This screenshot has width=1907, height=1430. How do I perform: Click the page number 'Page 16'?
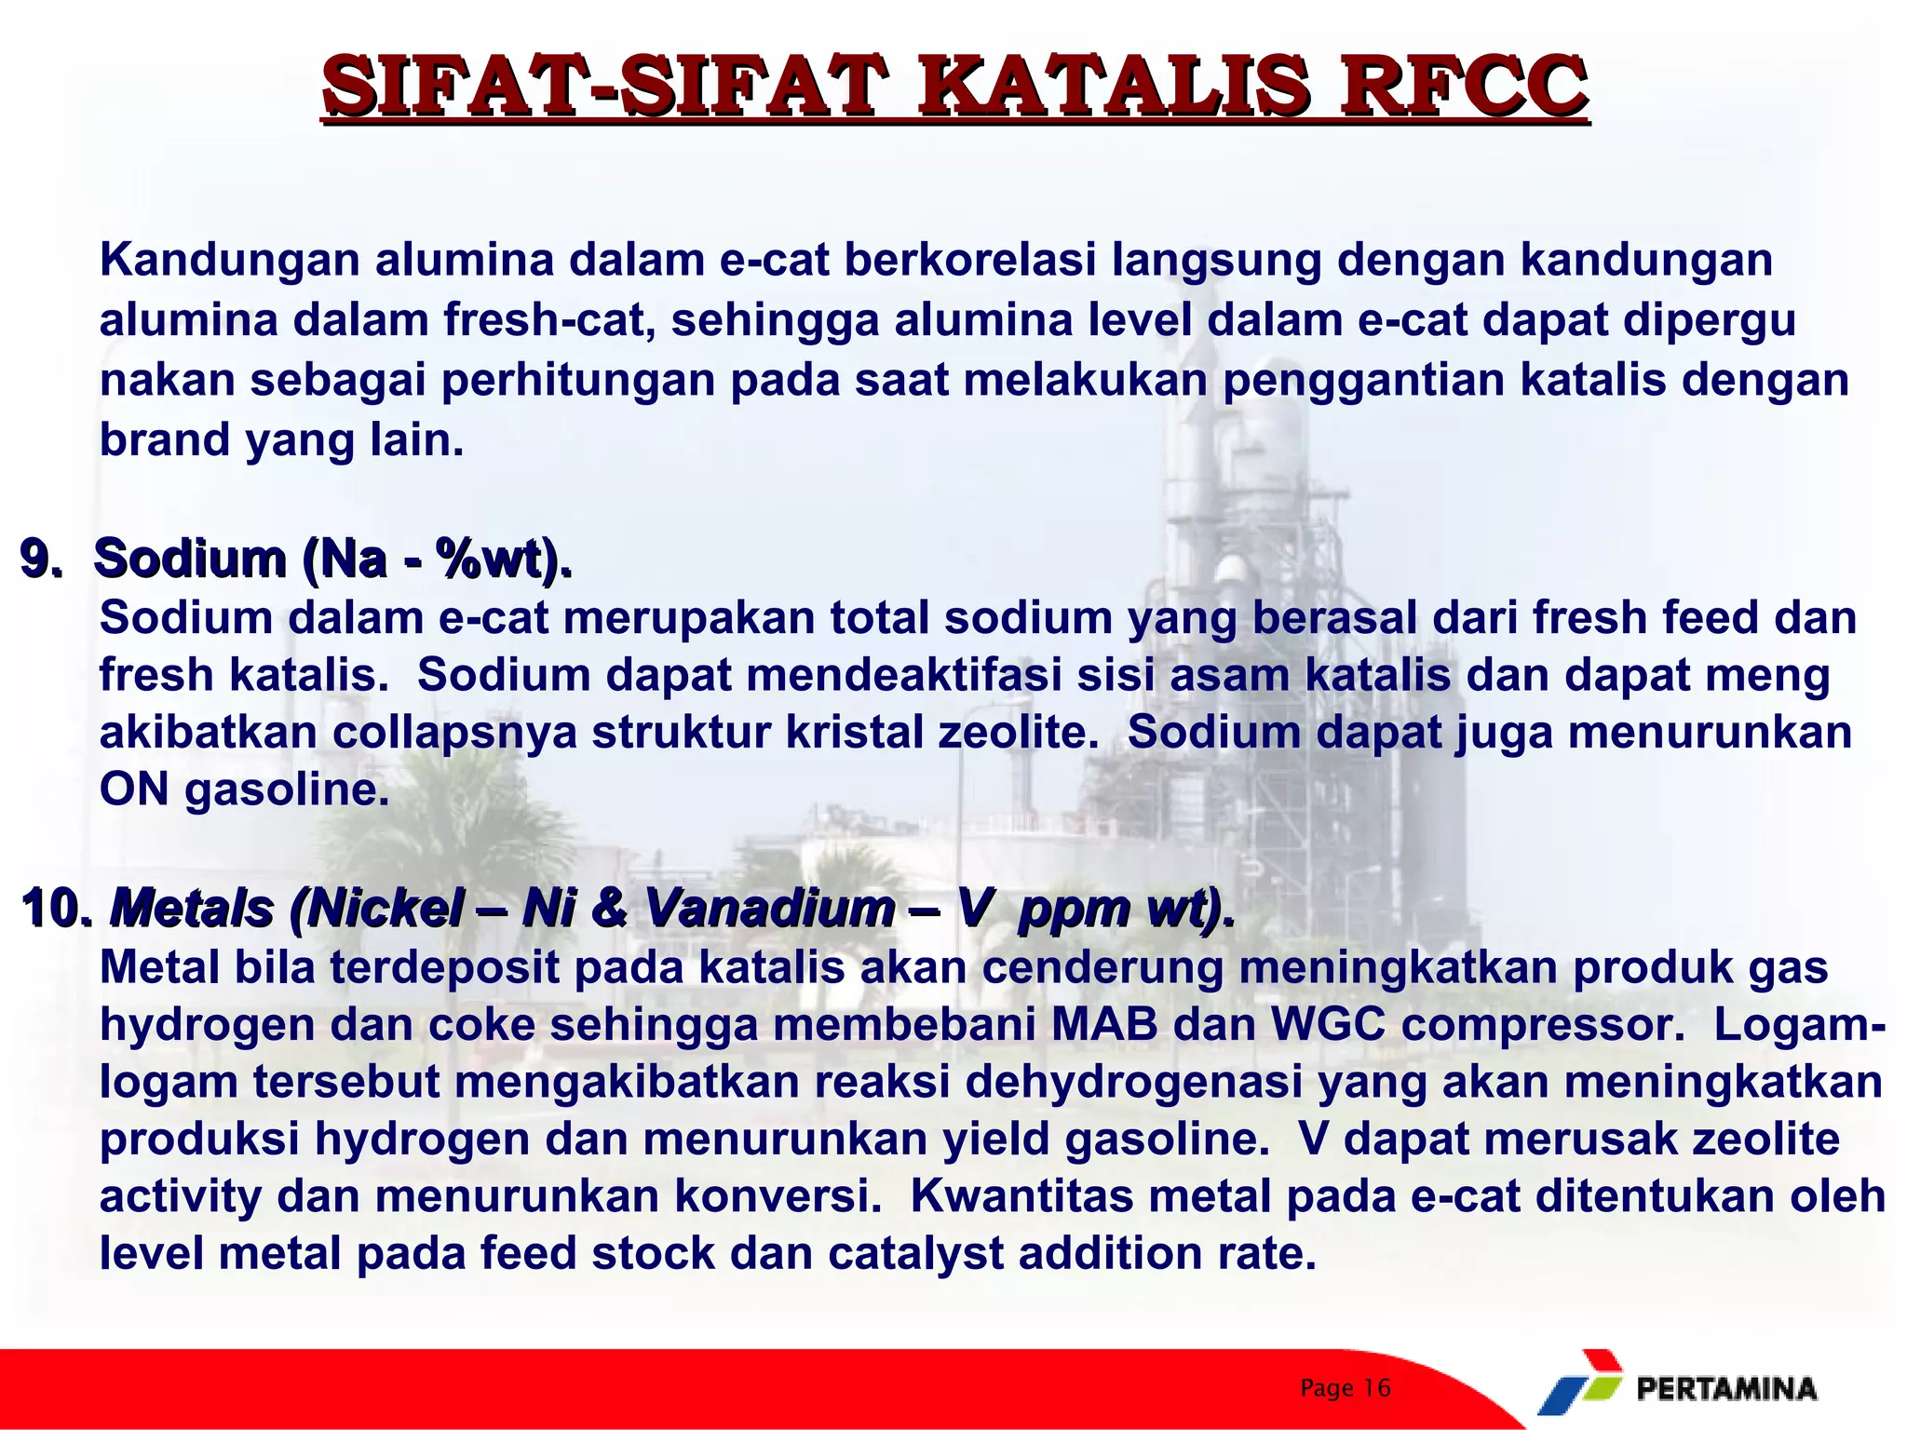pos(1345,1388)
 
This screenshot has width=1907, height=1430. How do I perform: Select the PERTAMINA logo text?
pos(1725,1390)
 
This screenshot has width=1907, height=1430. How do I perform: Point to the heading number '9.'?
pos(41,559)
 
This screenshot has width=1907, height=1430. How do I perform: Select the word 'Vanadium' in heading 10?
pos(768,908)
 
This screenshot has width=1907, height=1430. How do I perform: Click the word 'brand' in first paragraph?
pos(165,439)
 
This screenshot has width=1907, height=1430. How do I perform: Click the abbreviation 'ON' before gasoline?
pos(134,789)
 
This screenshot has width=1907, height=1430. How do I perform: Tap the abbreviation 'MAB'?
pos(1104,1025)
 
